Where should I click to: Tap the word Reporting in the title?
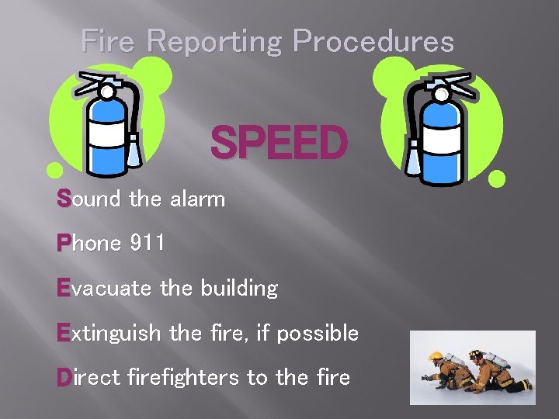tap(211, 42)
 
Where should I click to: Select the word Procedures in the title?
tap(373, 40)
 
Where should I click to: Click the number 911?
tap(148, 244)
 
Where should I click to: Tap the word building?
tap(238, 289)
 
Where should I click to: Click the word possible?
tap(318, 334)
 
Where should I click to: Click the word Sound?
tap(89, 199)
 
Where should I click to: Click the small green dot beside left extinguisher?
tap(54, 169)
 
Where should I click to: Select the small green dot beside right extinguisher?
tap(497, 179)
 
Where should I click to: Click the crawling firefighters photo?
tap(472, 367)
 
